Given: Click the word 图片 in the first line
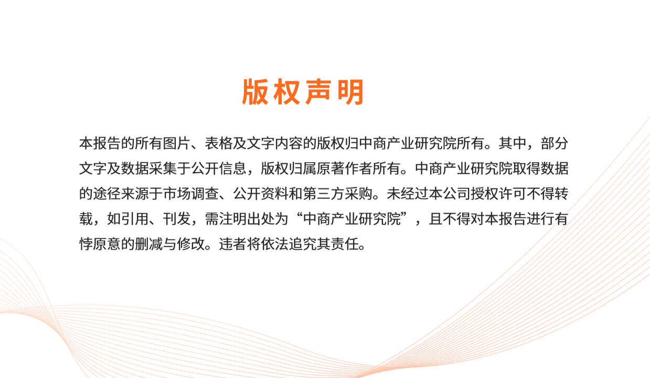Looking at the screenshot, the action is coord(177,143).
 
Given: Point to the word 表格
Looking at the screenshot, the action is coord(219,143).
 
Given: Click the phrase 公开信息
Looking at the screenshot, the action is coord(219,169).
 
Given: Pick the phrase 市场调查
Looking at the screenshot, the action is coord(191,194).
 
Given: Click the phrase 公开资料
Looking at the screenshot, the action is coord(261,194).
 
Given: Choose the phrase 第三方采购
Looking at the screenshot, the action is coord(337,194).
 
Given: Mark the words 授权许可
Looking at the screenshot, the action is coord(498,194).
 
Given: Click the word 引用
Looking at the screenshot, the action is coord(135,218).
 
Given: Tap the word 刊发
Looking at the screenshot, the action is coord(177,218).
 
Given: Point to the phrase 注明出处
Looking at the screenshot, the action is coord(247,218).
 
